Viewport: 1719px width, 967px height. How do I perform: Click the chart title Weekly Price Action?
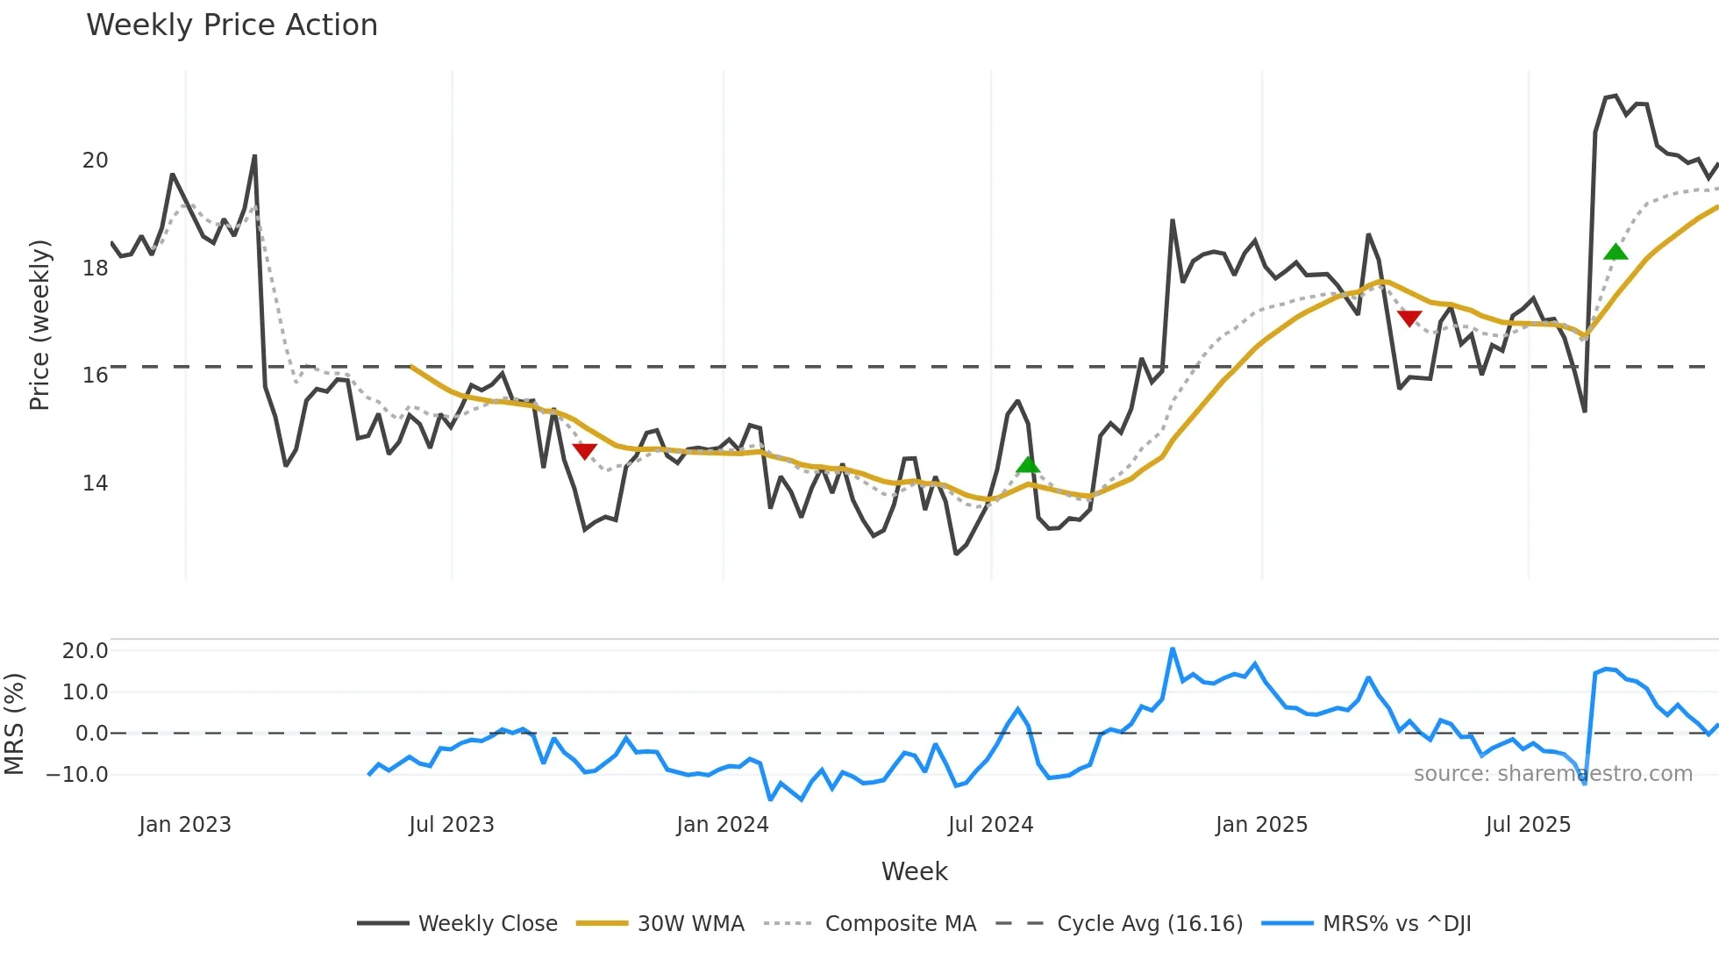pyautogui.click(x=232, y=25)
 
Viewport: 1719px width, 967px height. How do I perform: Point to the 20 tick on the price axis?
pyautogui.click(x=95, y=161)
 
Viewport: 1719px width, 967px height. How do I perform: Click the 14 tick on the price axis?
pyautogui.click(x=95, y=483)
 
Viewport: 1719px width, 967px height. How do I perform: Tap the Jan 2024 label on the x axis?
pyautogui.click(x=722, y=825)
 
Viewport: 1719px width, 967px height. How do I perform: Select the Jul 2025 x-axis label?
pyautogui.click(x=1528, y=825)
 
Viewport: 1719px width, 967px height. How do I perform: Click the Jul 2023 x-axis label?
pyautogui.click(x=452, y=825)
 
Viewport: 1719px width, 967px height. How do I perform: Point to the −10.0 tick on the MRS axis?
pyautogui.click(x=77, y=775)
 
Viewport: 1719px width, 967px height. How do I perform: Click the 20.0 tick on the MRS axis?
pyautogui.click(x=85, y=651)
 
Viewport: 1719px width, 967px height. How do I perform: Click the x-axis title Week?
pyautogui.click(x=914, y=871)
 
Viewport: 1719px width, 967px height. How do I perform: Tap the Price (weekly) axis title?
pyautogui.click(x=40, y=325)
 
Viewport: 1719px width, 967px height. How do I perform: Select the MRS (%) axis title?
pyautogui.click(x=14, y=724)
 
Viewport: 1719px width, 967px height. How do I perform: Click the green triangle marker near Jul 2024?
pyautogui.click(x=1028, y=465)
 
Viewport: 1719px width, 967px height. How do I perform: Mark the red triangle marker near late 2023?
pyautogui.click(x=585, y=451)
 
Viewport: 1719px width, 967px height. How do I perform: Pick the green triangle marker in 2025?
pyautogui.click(x=1616, y=253)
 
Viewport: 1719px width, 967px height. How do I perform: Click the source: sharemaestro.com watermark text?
pyautogui.click(x=1552, y=774)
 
